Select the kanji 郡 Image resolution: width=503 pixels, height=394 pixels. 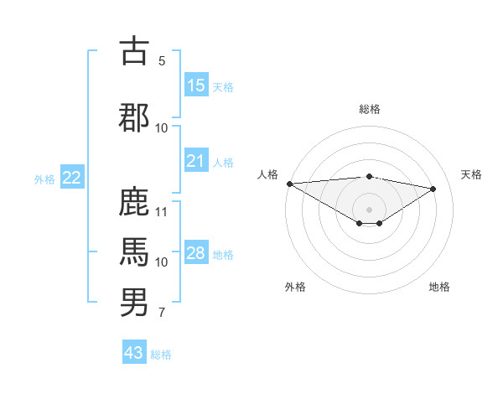[134, 117]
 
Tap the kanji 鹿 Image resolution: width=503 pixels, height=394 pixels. [134, 202]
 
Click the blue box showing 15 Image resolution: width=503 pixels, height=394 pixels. [196, 86]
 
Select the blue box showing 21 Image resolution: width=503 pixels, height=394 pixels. [196, 161]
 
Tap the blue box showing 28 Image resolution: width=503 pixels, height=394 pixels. [196, 253]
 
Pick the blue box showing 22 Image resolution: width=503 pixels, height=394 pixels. [72, 178]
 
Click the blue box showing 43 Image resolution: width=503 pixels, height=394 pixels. [134, 353]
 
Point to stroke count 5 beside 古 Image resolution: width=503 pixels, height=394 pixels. [162, 61]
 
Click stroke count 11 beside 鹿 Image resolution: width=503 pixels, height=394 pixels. [163, 211]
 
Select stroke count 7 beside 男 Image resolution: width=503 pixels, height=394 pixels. [162, 314]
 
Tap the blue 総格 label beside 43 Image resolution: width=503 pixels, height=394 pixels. [162, 355]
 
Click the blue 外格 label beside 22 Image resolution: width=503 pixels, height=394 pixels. [44, 179]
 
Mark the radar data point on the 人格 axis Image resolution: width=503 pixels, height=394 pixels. [289, 184]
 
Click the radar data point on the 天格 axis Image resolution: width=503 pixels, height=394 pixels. [433, 189]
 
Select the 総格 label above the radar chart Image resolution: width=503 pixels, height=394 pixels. [369, 109]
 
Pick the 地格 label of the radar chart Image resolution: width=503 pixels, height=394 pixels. [439, 287]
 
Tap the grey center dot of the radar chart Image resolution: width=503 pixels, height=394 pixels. [369, 208]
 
